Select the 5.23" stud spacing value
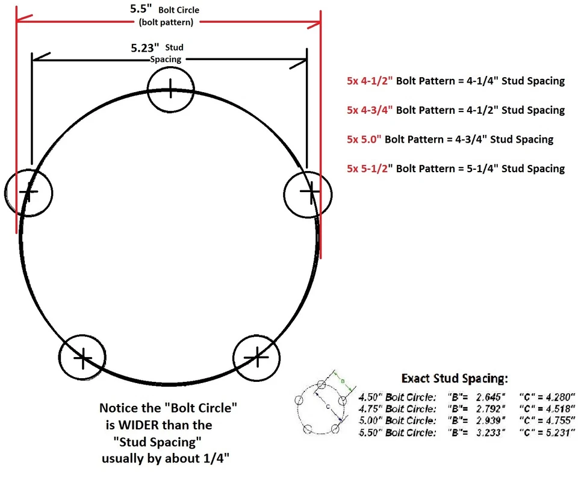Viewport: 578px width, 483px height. point(144,49)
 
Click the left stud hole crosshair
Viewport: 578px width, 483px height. point(28,193)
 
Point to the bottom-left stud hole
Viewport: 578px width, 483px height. point(82,358)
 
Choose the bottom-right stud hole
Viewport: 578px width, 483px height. point(256,357)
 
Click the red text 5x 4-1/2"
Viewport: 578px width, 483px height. point(370,81)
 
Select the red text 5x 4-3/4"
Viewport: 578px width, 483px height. point(370,110)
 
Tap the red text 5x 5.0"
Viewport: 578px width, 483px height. point(364,139)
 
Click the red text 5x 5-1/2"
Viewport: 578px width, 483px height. point(370,169)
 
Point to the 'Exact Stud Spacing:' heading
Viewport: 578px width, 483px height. point(454,378)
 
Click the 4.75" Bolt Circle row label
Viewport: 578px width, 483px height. point(397,408)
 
